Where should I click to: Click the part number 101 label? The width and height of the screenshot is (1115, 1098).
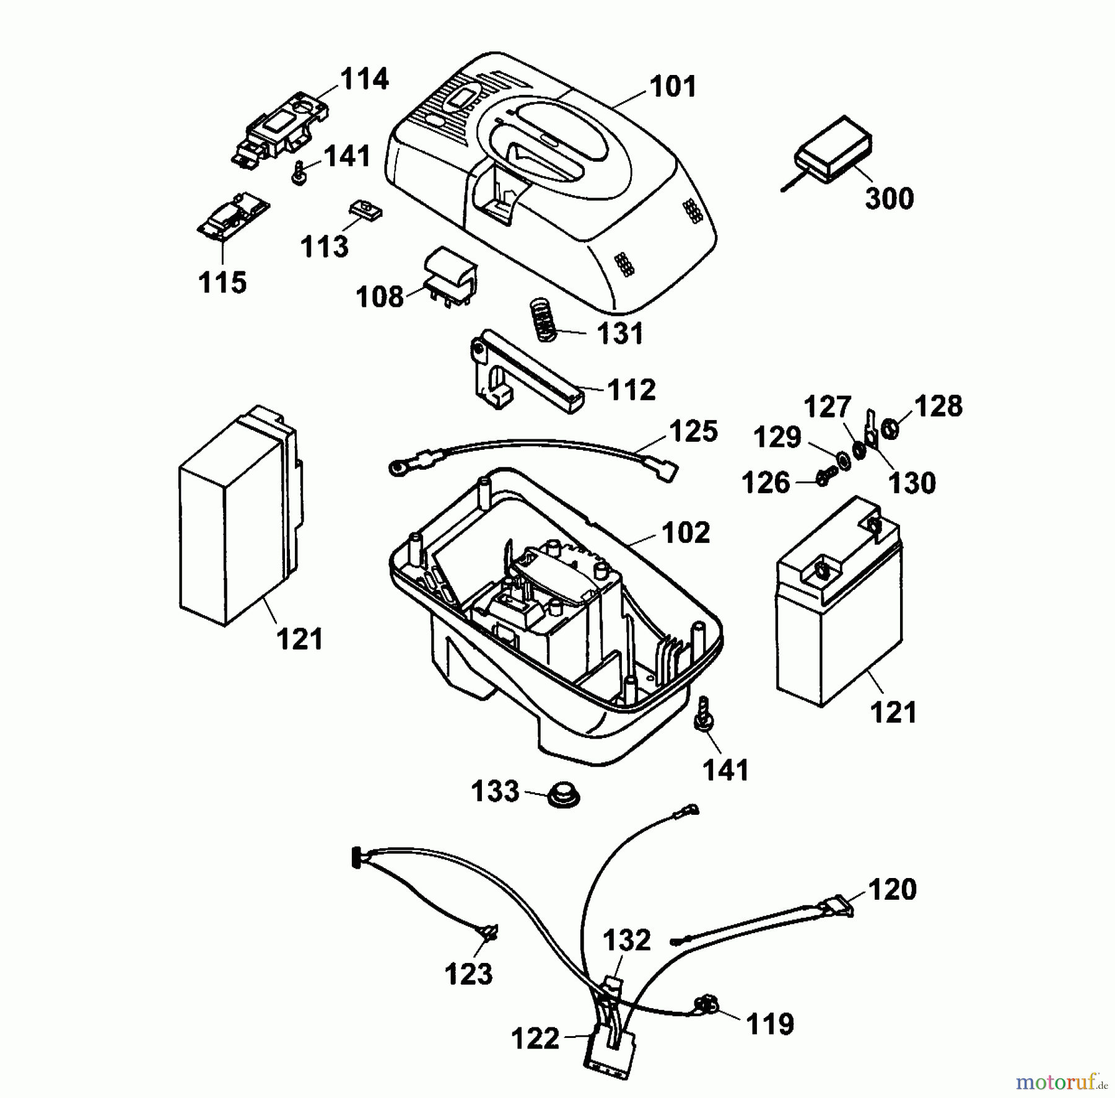pos(673,87)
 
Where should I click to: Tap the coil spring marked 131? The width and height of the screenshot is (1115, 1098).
pos(543,319)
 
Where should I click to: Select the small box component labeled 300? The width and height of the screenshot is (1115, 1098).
pos(833,150)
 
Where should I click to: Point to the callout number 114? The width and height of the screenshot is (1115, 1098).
pos(364,79)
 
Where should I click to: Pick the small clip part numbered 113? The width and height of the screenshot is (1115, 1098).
pos(365,211)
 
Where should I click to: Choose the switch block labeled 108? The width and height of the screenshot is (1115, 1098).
pos(450,276)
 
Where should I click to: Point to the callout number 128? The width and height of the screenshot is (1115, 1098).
pos(938,406)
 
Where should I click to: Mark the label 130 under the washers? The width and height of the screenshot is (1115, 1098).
pos(912,483)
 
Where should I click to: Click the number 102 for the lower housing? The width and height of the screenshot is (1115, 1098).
pos(686,532)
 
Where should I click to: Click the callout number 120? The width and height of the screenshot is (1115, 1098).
pos(892,890)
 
